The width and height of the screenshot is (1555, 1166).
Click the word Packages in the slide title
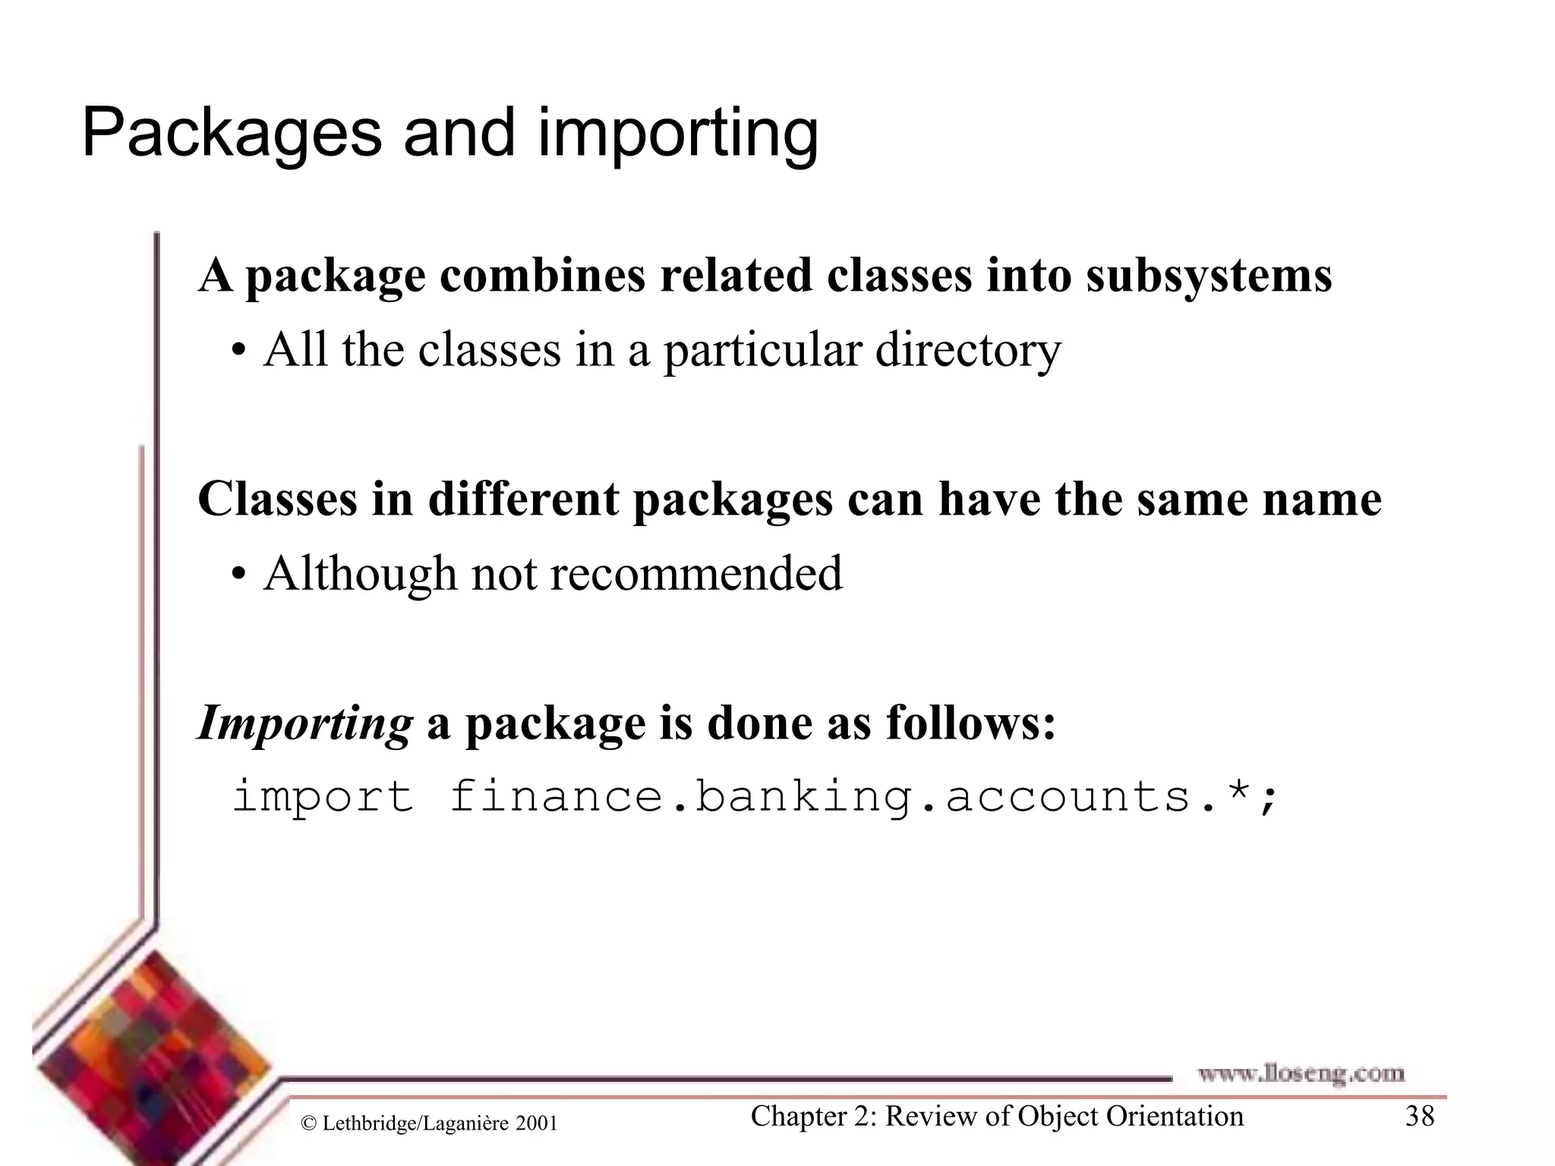tap(232, 134)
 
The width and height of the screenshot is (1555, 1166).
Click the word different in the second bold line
tap(523, 499)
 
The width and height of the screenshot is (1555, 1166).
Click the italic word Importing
tap(304, 723)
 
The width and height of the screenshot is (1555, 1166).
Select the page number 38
tap(1419, 1117)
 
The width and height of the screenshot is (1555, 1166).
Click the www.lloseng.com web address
tap(1301, 1073)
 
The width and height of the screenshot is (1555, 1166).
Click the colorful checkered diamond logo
tap(152, 1063)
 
